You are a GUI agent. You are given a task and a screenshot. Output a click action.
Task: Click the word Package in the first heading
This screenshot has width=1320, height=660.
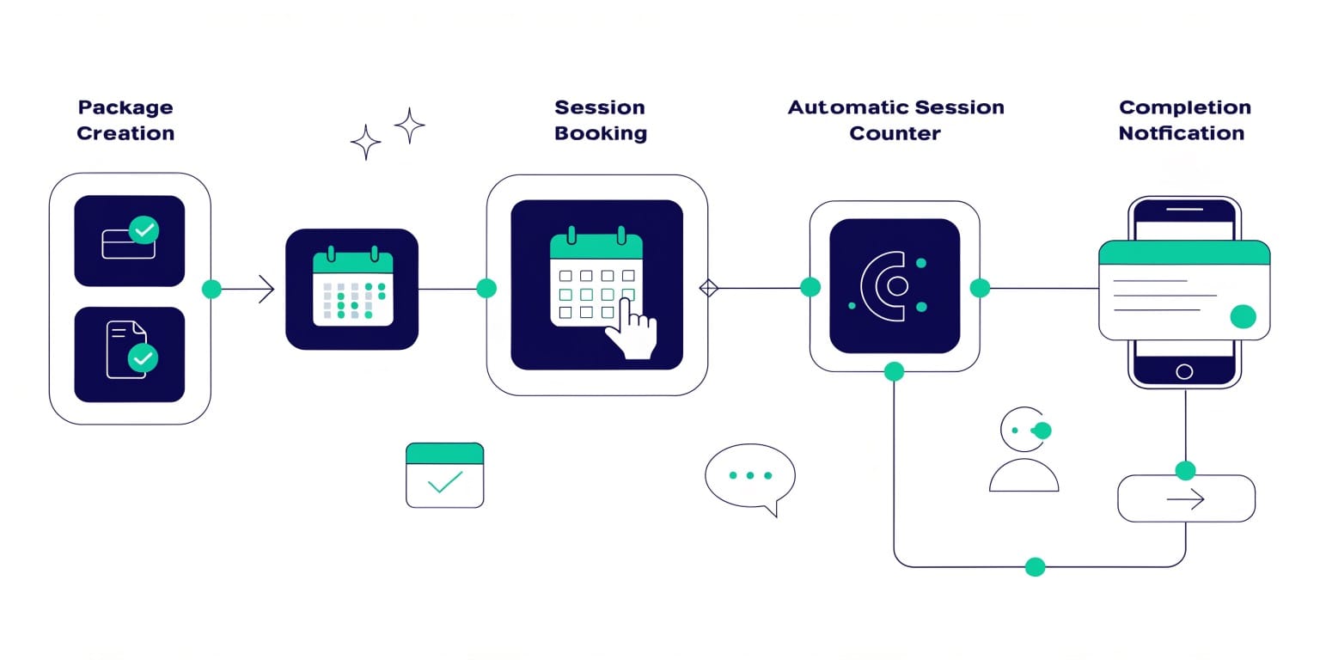[x=125, y=107]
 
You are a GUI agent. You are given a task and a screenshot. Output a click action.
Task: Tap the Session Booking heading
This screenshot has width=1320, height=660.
[x=600, y=120]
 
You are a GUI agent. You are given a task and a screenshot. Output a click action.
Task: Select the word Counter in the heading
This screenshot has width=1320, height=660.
[x=895, y=133]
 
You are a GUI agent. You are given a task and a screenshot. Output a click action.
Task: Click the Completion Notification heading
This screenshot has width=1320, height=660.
[x=1184, y=120]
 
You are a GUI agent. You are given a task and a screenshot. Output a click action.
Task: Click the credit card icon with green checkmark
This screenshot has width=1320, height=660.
[x=130, y=240]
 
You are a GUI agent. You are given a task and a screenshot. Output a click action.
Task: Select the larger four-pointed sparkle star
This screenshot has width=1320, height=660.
[x=410, y=125]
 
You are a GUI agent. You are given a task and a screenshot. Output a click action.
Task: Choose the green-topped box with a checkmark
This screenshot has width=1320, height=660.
[x=444, y=474]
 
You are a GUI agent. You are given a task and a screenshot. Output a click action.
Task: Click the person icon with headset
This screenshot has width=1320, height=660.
[x=1024, y=449]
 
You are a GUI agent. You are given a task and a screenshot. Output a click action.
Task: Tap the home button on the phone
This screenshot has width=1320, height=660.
[x=1184, y=371]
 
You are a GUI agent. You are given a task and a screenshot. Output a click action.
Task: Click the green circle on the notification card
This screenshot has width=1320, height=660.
[x=1243, y=316]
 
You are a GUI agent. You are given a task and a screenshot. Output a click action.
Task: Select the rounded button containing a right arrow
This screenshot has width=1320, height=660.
[x=1186, y=498]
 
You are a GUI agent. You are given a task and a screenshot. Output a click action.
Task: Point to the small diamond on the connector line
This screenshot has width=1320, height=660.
[x=708, y=288]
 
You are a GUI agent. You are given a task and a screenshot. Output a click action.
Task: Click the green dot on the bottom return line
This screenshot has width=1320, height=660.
[x=1036, y=566]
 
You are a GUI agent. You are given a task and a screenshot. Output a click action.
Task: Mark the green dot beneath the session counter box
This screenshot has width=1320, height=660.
[x=894, y=371]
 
